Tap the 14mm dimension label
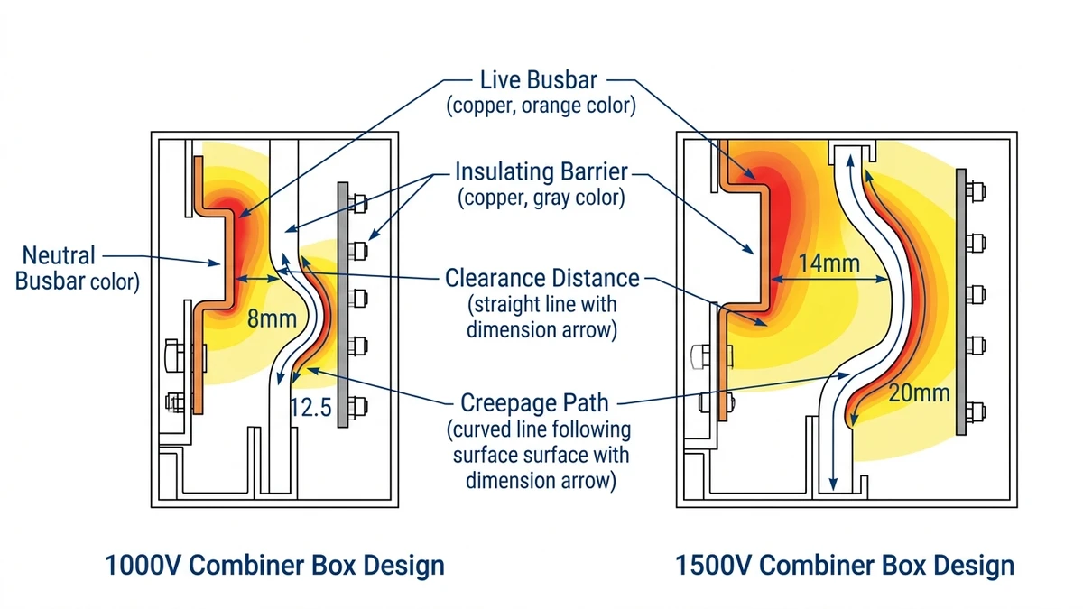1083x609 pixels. [x=828, y=263]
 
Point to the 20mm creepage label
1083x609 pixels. [x=919, y=392]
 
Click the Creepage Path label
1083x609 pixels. [x=541, y=401]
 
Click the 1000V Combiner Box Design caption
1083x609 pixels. [x=274, y=566]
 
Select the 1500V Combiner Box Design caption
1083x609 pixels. [x=845, y=566]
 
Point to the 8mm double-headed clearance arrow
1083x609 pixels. [x=262, y=281]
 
